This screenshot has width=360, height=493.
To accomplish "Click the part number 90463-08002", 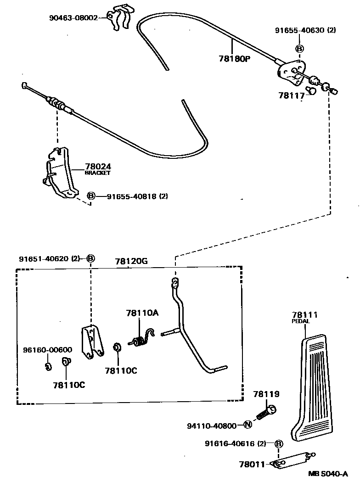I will [73, 18].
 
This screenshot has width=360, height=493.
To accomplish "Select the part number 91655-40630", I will [299, 30].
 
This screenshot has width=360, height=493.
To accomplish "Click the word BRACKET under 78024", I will [97, 173].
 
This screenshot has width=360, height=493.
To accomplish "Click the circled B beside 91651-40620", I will [90, 258].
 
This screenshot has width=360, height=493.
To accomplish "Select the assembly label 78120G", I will [131, 261].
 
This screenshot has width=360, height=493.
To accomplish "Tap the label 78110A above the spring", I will [142, 313].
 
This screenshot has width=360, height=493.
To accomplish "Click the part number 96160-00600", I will [47, 350].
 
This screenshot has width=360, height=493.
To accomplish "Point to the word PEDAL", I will [301, 321].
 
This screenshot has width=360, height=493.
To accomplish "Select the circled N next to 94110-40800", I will [247, 425].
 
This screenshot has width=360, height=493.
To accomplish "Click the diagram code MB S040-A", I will [327, 475].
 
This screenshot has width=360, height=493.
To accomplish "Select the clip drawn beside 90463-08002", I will [122, 19].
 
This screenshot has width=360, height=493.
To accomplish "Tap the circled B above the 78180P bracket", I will [299, 49].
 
